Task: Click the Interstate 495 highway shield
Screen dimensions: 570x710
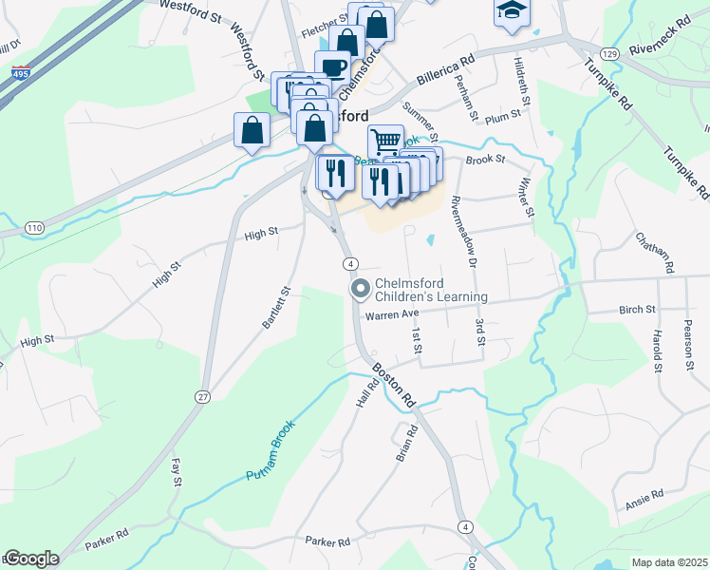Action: tap(20, 72)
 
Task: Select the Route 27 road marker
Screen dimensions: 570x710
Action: tap(202, 398)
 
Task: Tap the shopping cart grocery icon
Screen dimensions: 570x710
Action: tap(385, 142)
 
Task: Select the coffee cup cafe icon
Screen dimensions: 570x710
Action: tap(333, 66)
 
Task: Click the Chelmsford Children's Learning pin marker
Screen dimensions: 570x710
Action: tap(361, 288)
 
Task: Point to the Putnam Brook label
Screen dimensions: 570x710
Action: tap(271, 448)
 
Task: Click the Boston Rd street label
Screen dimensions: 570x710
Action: tap(393, 384)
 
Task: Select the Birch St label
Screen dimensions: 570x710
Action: tap(637, 310)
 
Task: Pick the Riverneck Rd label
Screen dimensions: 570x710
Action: tap(670, 34)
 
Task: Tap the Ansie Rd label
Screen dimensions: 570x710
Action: tap(645, 498)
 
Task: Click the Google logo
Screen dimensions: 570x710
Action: tap(31, 559)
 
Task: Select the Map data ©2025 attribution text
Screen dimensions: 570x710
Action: tap(669, 562)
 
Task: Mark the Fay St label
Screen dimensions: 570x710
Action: tap(176, 473)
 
